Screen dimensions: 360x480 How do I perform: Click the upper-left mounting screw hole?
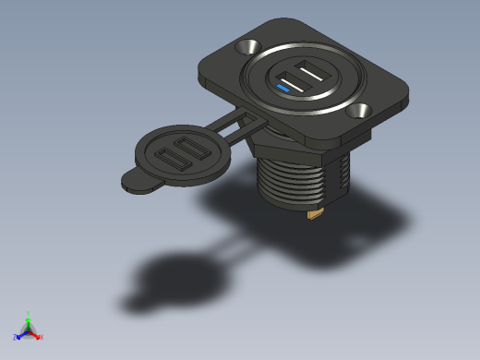[x=248, y=46]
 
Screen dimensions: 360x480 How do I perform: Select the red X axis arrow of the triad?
[x=35, y=334]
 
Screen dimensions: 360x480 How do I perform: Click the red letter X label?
[x=41, y=337]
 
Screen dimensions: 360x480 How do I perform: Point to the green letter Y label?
[x=29, y=314]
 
